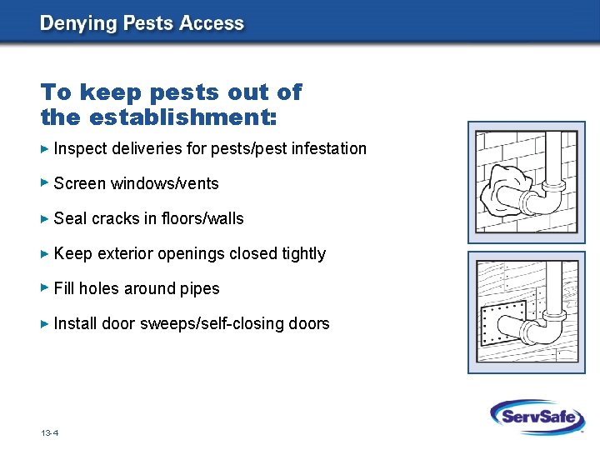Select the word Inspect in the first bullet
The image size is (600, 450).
tap(78, 149)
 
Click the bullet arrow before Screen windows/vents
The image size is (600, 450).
tap(45, 183)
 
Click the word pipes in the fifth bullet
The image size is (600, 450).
tap(201, 289)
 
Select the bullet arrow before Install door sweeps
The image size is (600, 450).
tap(45, 323)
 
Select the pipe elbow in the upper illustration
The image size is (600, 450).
tap(542, 200)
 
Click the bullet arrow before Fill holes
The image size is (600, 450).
tap(45, 288)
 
